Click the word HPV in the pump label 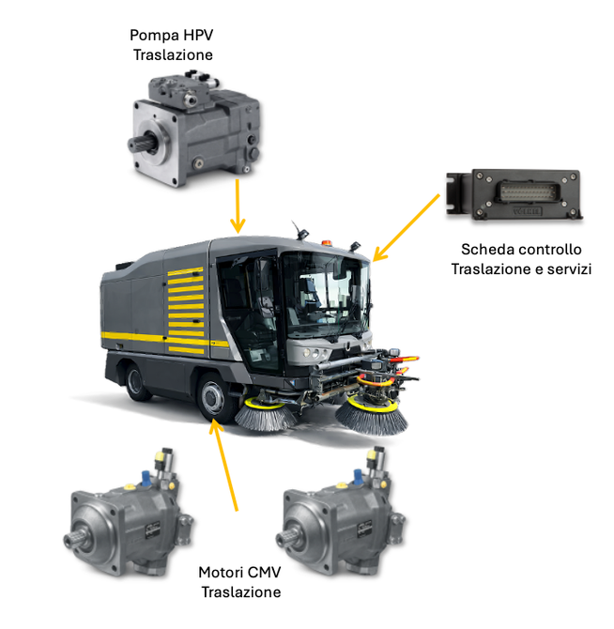(x=198, y=35)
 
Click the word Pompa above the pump (x=154, y=36)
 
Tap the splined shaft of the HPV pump (x=141, y=144)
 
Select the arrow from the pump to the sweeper (x=238, y=207)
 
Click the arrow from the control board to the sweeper (x=407, y=227)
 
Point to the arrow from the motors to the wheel (x=223, y=465)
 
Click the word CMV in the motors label (x=262, y=573)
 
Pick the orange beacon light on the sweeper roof (x=327, y=243)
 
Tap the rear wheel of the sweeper (x=136, y=382)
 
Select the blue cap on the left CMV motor (x=146, y=478)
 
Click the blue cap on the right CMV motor (x=358, y=477)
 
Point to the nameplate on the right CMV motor (x=364, y=529)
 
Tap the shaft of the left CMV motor (x=76, y=540)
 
